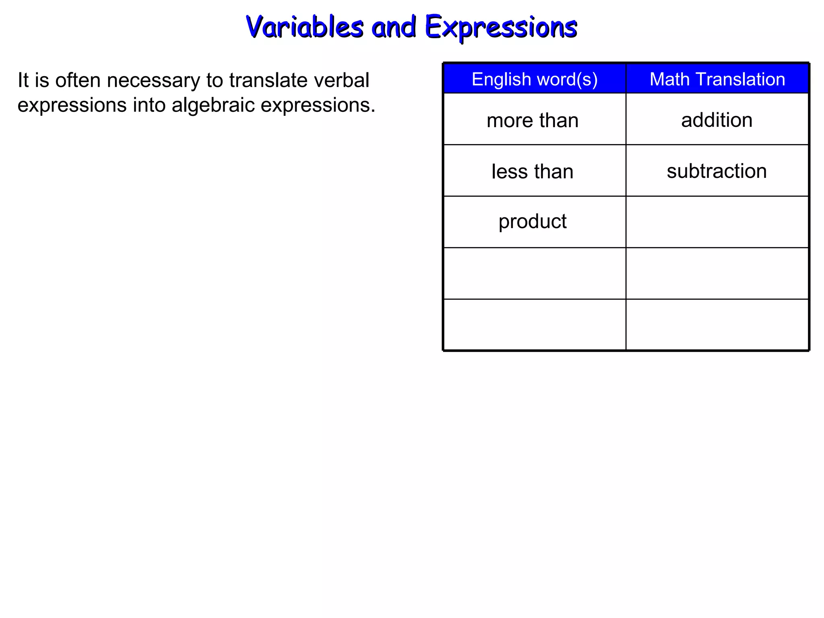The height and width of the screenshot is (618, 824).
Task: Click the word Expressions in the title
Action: point(501,27)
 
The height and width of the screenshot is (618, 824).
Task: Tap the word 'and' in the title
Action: point(393,27)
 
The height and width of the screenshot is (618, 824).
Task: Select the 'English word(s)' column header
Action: point(534,79)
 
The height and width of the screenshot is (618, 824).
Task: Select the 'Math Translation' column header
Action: point(717,79)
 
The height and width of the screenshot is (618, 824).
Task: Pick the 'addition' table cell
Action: point(717,120)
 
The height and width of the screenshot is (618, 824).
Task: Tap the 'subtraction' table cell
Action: point(717,171)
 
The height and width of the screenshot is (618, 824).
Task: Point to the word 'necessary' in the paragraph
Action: point(153,80)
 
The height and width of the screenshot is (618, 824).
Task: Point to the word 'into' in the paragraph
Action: point(149,105)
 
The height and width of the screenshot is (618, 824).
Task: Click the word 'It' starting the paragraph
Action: point(23,80)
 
